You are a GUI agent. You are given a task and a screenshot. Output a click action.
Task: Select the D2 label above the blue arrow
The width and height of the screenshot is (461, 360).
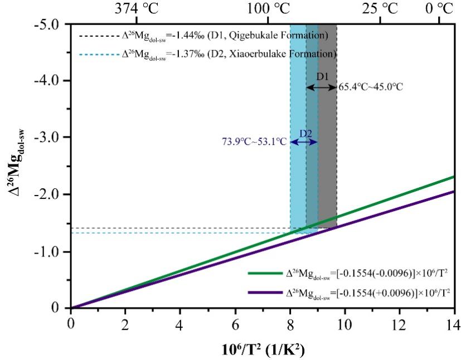point(305,133)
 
